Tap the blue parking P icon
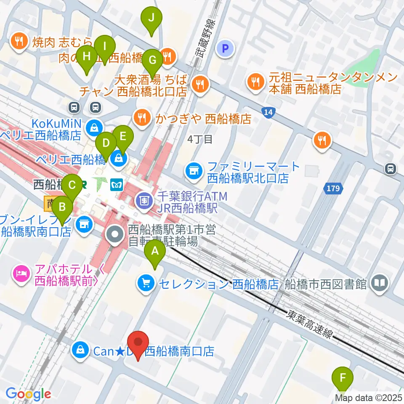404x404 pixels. pos(225,48)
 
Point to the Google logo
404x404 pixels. pos(28,394)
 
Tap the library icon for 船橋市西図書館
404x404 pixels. pos(380,283)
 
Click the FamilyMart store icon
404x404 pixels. pos(194,171)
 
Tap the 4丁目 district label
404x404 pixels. pos(200,139)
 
